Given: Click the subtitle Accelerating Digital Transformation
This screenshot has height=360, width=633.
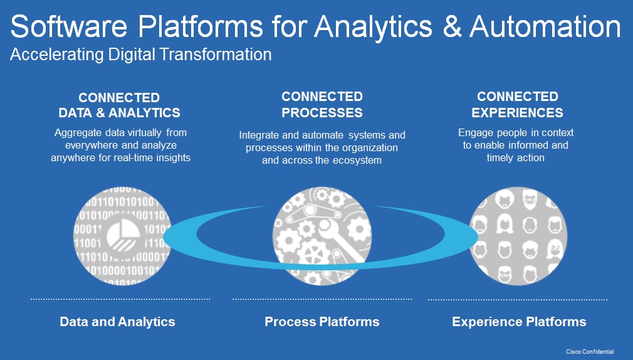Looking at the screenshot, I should pyautogui.click(x=141, y=55).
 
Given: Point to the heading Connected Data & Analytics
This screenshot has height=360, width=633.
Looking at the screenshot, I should pyautogui.click(x=119, y=105).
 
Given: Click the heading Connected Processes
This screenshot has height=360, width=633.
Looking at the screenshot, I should pyautogui.click(x=322, y=105).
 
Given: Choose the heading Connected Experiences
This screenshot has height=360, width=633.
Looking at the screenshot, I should pyautogui.click(x=518, y=105).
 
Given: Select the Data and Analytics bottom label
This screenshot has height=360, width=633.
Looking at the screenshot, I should pyautogui.click(x=117, y=322).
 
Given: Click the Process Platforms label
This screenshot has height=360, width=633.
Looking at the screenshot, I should pyautogui.click(x=322, y=322).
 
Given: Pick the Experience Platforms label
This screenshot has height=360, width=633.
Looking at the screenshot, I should pyautogui.click(x=519, y=322).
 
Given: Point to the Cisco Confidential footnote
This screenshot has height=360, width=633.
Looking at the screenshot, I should pyautogui.click(x=590, y=352).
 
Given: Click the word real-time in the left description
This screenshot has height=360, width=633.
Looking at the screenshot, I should pyautogui.click(x=139, y=157).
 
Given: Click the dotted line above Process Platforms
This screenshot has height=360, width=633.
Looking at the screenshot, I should pyautogui.click(x=322, y=299).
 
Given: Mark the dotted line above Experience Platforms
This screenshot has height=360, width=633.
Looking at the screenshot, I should pyautogui.click(x=518, y=300).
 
